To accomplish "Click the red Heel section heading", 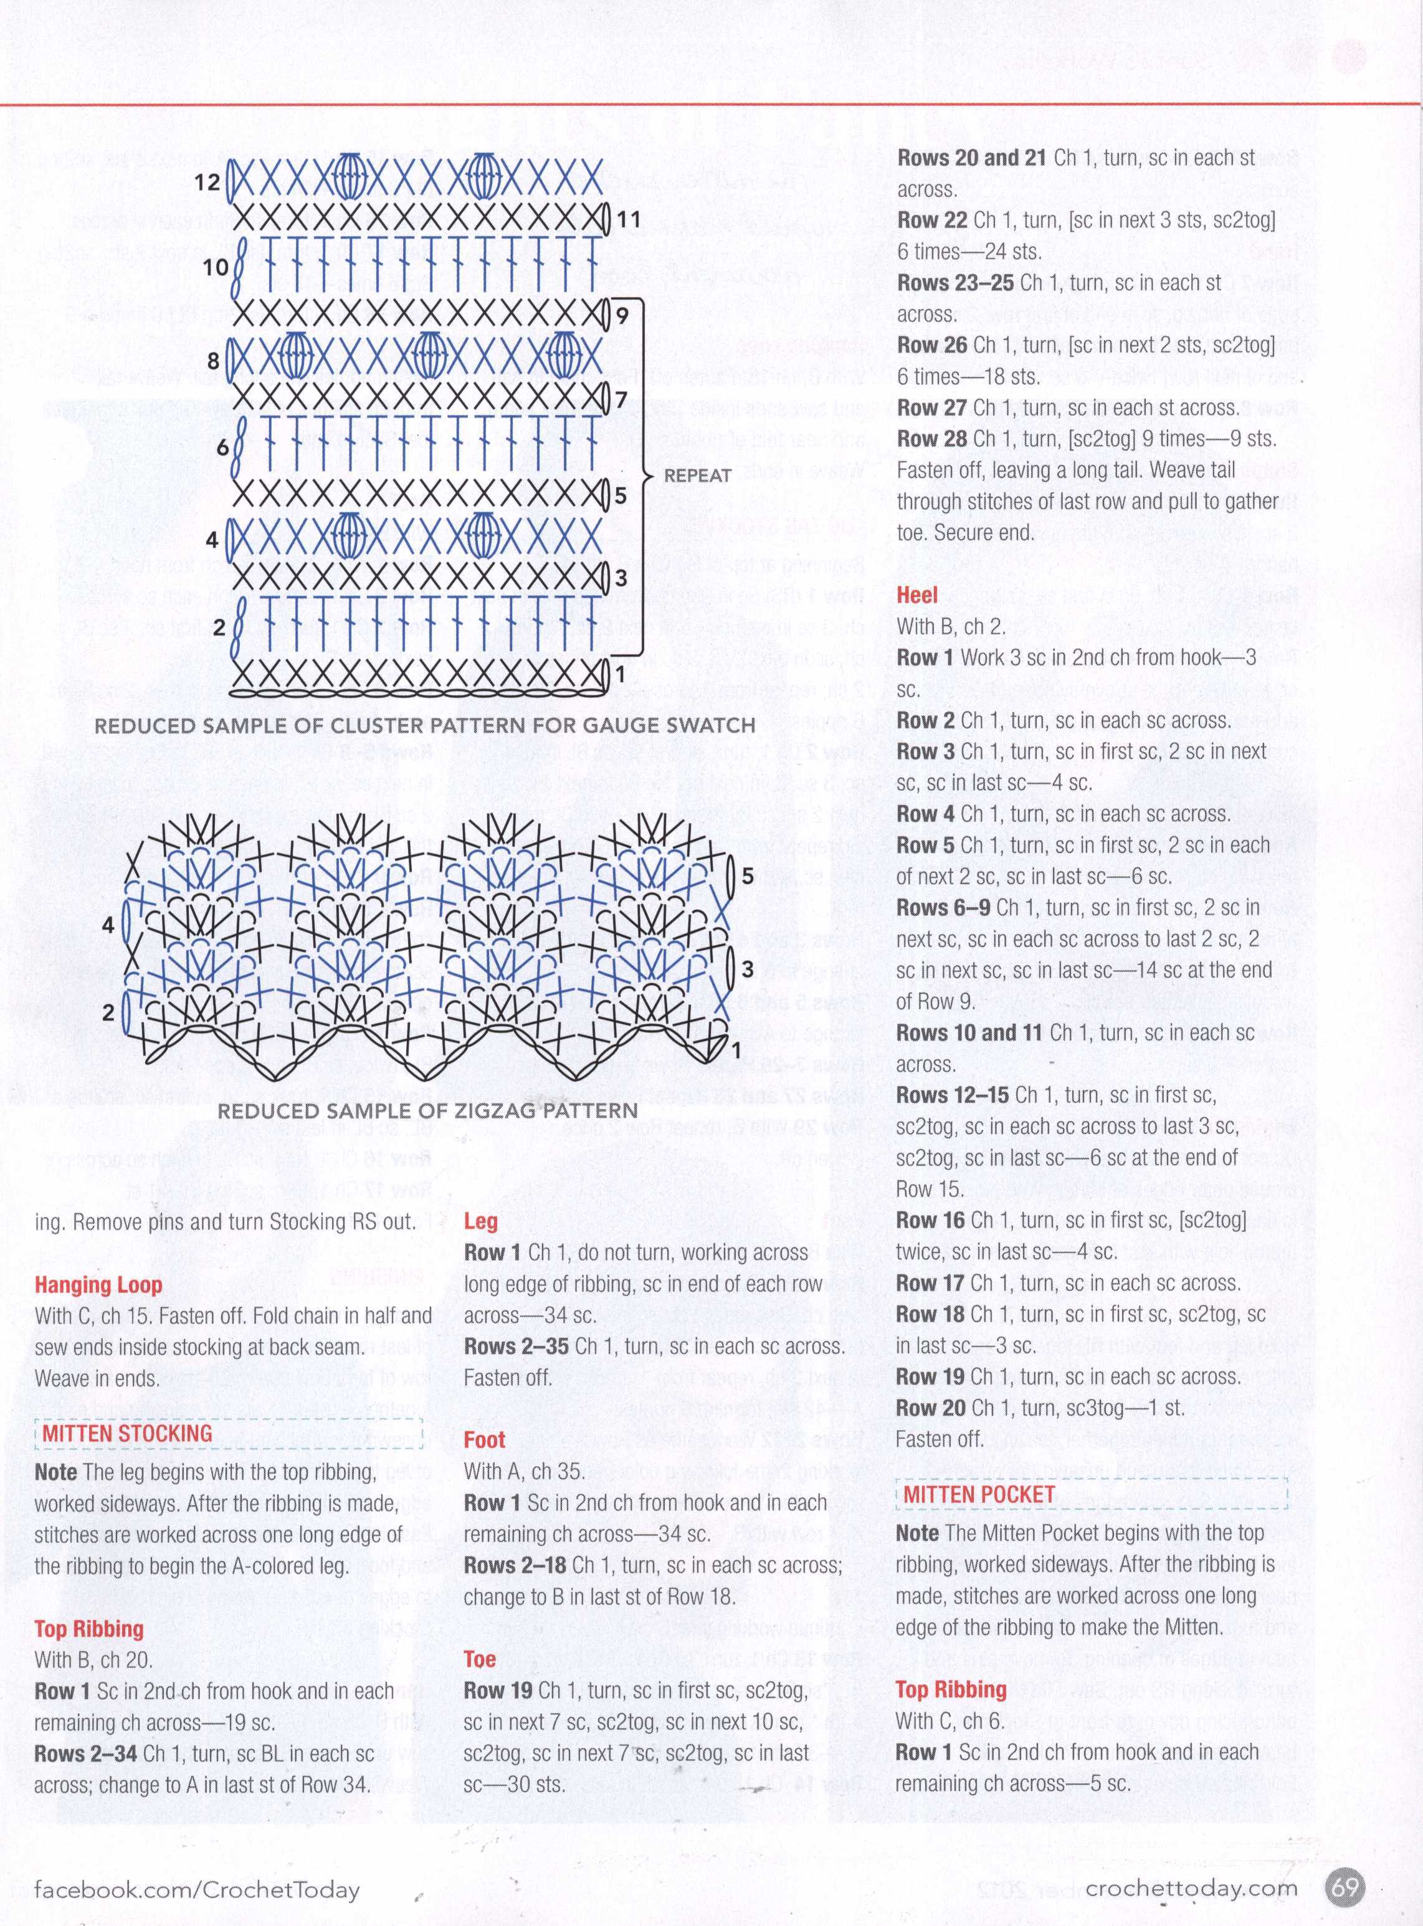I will pos(916,595).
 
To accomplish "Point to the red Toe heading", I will pos(480,1659).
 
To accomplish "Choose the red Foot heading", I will pos(484,1439).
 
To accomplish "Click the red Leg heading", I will pos(480,1221).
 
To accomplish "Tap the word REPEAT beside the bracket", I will pos(698,475).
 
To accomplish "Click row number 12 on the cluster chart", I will pos(207,182).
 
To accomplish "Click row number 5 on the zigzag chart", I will pos(748,876).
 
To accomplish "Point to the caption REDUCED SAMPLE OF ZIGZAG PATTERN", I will pos(427,1111).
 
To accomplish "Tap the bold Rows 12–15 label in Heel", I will pos(953,1095).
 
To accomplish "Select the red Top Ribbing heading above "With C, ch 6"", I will pos(950,1689).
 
